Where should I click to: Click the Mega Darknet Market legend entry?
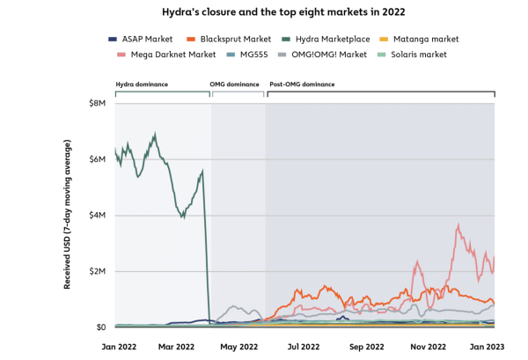coord(171,55)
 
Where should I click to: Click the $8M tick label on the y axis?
coord(98,104)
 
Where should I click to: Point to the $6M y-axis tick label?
coord(98,159)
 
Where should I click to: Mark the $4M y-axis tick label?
coord(98,216)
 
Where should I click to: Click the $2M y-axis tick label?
coord(98,271)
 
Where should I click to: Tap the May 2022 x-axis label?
coord(238,347)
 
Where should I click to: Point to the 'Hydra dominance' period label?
coord(140,84)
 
